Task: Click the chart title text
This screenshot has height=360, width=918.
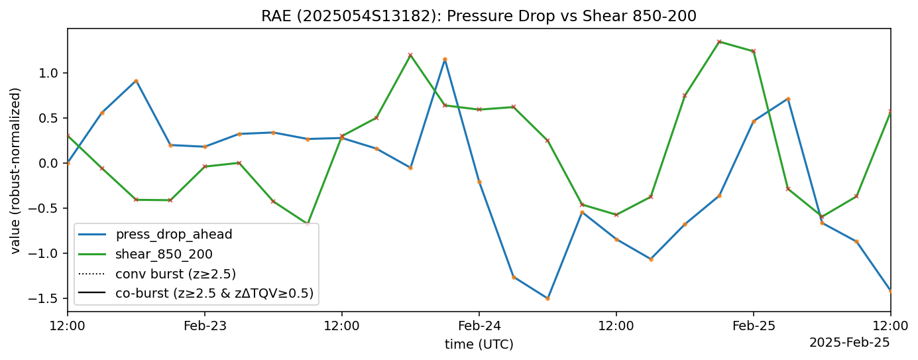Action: pos(479,16)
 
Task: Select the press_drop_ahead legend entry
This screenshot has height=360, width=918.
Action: pos(174,234)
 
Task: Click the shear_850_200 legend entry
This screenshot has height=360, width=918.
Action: pos(164,254)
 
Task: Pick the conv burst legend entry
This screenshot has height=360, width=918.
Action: pos(176,273)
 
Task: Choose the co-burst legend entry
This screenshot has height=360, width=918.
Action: pos(214,293)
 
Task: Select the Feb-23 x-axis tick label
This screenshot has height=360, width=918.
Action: pos(204,326)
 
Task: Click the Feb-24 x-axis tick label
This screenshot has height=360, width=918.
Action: pos(479,326)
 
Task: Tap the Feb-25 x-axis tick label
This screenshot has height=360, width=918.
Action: pos(753,326)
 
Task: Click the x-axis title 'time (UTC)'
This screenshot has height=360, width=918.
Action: pos(479,344)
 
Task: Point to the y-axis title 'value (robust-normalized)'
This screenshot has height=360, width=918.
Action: pos(16,170)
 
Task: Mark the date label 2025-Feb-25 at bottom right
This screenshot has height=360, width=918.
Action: pos(849,342)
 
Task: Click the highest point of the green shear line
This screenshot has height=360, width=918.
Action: pos(719,42)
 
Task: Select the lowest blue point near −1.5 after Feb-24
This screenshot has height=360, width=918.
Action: pos(547,298)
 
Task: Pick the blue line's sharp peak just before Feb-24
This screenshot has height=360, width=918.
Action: pos(445,59)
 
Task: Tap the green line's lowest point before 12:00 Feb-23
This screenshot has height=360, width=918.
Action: pos(308,224)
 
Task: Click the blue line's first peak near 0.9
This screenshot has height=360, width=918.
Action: pos(136,81)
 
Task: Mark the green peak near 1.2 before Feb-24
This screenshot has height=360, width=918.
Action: pos(410,55)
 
